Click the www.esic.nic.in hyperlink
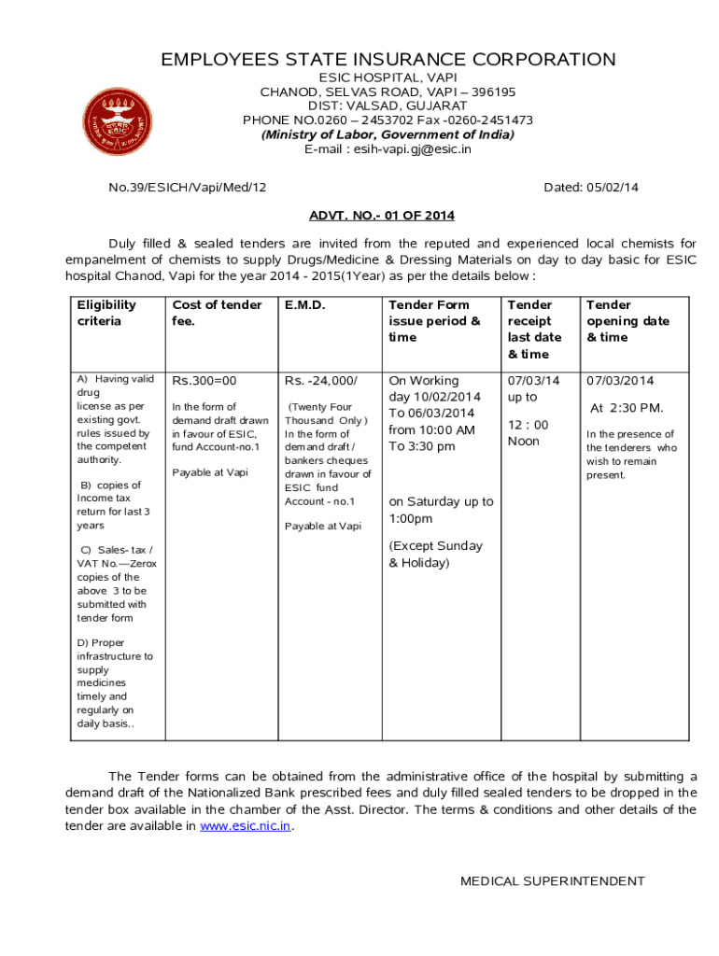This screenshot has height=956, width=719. click(x=246, y=826)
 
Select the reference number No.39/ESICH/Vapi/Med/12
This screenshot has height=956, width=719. click(x=188, y=188)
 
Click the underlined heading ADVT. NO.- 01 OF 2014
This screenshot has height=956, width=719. click(x=382, y=216)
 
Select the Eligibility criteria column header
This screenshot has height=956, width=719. click(x=106, y=313)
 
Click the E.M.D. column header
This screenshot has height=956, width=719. click(x=304, y=305)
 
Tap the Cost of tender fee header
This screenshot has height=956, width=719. click(x=217, y=313)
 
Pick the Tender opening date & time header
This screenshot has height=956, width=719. click(x=627, y=321)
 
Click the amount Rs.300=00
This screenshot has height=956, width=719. click(x=204, y=381)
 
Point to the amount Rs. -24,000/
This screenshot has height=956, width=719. click(x=321, y=381)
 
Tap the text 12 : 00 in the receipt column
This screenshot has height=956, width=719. click(x=529, y=425)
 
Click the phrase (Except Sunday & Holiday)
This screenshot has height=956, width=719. click(x=435, y=555)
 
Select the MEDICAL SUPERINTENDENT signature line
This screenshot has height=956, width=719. click(x=553, y=881)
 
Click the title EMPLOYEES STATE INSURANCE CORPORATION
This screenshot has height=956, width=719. click(x=388, y=61)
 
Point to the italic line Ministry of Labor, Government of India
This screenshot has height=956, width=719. click(x=388, y=134)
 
